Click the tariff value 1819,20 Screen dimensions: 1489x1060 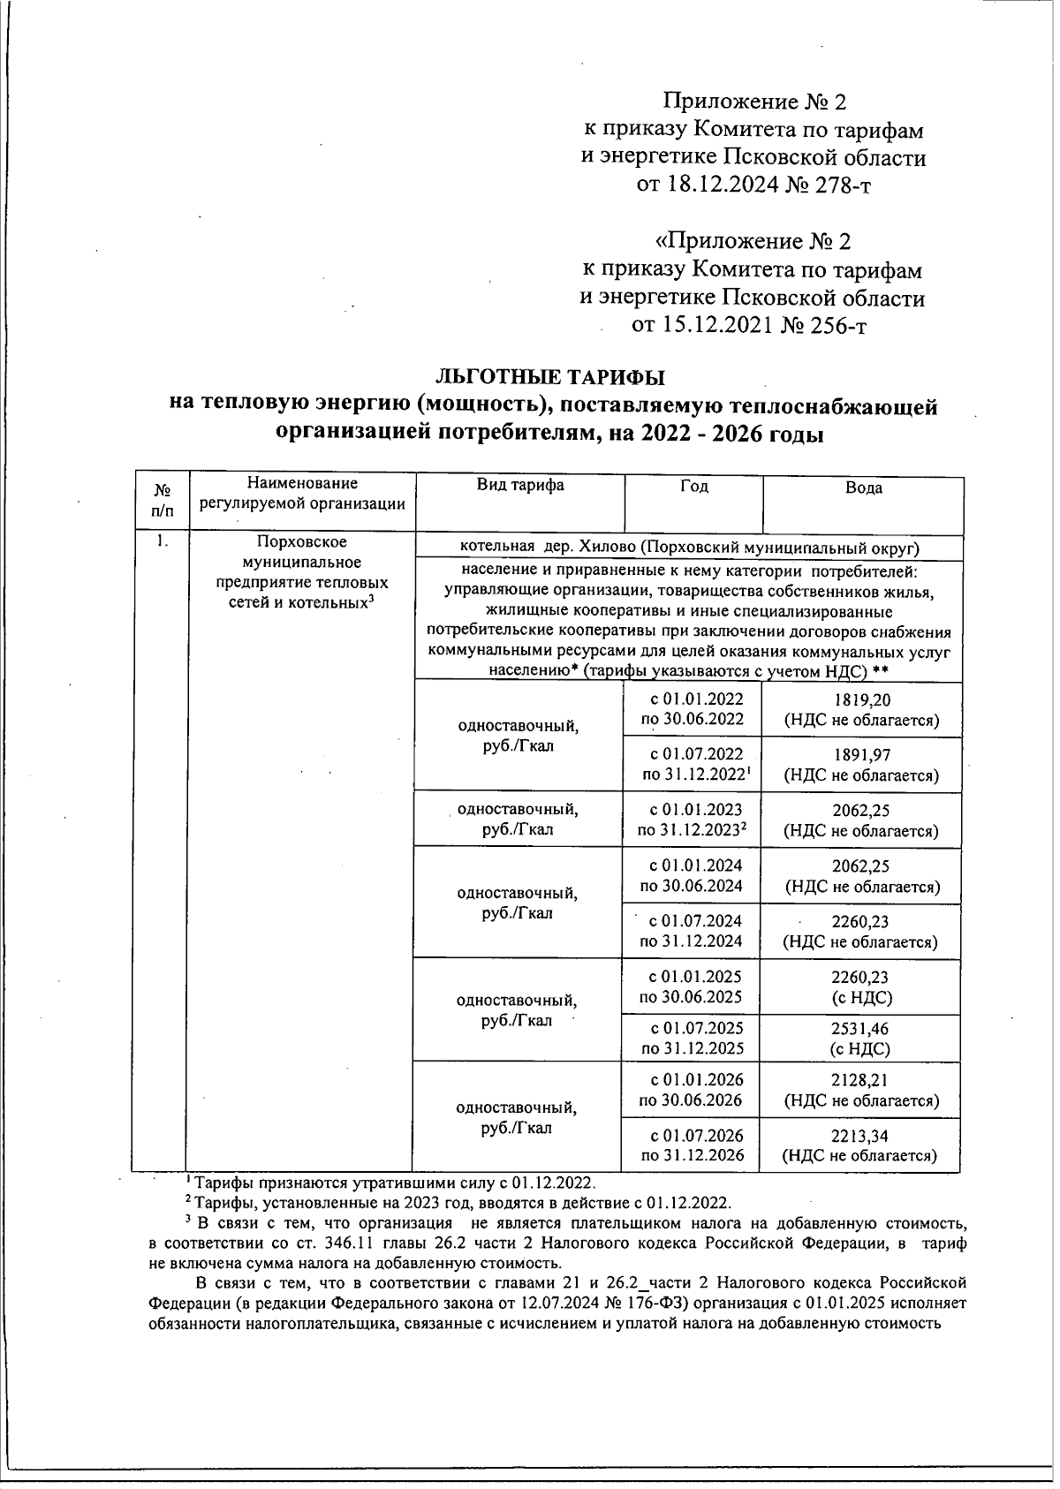tap(861, 700)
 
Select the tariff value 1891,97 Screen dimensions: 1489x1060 tap(861, 755)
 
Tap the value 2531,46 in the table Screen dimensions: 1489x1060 tap(859, 1029)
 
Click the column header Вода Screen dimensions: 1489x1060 tap(863, 488)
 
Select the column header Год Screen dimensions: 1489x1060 tap(693, 487)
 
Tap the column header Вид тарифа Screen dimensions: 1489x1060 tap(520, 485)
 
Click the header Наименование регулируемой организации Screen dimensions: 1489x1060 tap(302, 494)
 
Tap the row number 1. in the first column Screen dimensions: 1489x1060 tap(160, 541)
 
